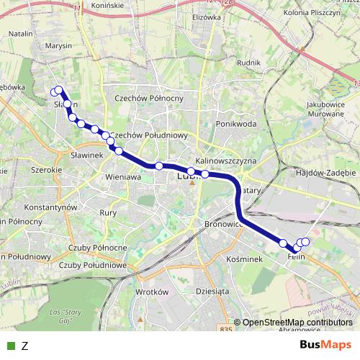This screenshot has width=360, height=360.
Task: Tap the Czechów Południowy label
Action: pos(150,135)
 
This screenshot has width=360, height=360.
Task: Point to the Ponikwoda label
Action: pos(235,124)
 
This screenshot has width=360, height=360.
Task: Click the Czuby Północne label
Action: pos(99,248)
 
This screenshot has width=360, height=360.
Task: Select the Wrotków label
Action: pos(151,292)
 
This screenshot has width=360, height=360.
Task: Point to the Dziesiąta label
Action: pos(211,292)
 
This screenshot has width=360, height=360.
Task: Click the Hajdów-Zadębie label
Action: pos(322,173)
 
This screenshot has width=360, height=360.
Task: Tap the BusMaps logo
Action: pos(325,345)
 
